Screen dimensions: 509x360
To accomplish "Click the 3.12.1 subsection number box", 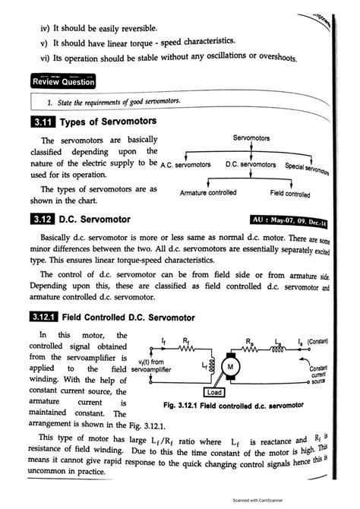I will tap(41, 315).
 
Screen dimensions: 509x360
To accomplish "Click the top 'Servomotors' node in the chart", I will tap(251, 139).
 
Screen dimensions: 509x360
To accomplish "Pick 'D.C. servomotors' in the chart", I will tap(251, 165).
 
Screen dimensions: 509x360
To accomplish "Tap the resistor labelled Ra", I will tap(251, 349).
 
